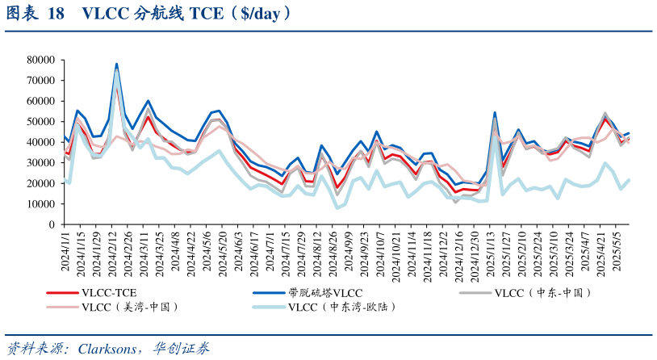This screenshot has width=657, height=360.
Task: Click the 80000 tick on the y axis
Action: coord(40,60)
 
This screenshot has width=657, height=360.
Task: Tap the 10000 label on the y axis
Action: coord(40,204)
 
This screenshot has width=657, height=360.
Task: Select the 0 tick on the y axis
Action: coord(51,224)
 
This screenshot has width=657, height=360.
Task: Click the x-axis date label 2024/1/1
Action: coord(65,251)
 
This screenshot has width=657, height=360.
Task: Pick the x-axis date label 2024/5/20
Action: coord(223,254)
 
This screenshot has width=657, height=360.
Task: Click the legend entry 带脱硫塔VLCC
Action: coord(325,292)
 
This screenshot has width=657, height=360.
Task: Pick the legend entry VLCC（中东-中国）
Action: coord(543,292)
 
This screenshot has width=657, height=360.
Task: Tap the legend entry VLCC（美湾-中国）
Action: coord(129,307)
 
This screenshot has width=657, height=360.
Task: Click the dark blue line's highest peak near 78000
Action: coord(116,64)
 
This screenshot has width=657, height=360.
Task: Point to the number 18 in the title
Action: coord(56,14)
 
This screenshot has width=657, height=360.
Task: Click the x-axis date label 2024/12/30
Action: coord(474,254)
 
